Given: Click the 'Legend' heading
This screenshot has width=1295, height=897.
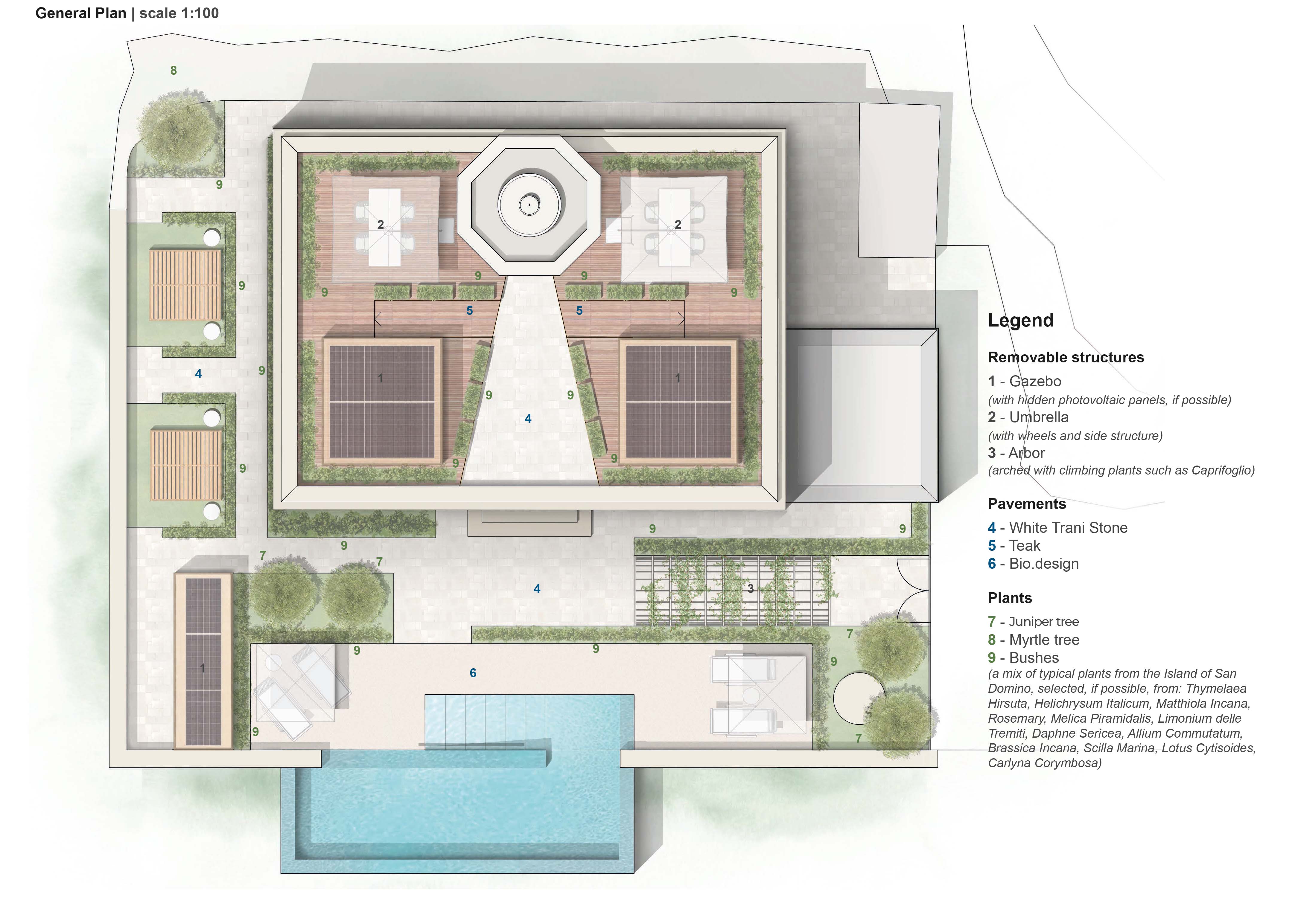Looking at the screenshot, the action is tap(1021, 320).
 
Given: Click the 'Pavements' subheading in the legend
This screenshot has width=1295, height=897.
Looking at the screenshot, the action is tap(1027, 504).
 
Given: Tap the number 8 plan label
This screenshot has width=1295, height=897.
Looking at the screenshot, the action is tap(173, 70).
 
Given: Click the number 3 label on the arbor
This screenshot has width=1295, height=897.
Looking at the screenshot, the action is tap(750, 588).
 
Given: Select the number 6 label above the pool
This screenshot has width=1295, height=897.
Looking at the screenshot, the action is tap(473, 673).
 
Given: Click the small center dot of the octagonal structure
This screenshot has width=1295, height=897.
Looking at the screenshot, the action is tap(529, 205).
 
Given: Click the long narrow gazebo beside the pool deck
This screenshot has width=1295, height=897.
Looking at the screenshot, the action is tap(203, 661).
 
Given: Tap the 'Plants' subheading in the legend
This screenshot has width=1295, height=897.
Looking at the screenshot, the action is tap(1010, 598).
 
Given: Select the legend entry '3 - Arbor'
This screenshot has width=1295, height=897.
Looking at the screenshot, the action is tap(1016, 453).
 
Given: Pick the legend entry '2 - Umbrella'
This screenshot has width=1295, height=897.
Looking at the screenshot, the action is tap(1028, 417).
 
